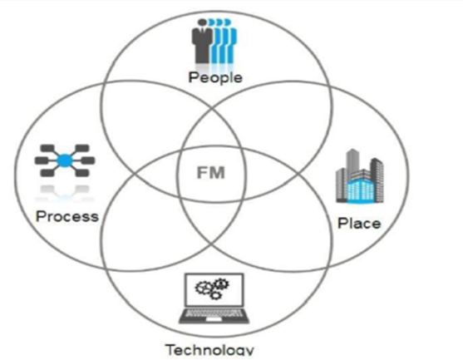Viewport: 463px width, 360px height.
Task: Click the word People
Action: pos(215,77)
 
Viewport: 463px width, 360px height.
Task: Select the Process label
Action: pos(67,216)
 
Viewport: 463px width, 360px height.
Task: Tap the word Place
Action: pos(359,224)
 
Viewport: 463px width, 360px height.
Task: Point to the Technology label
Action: pos(210,350)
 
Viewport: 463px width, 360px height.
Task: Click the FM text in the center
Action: pos(211,173)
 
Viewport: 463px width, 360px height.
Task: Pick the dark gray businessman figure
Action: pos(202,41)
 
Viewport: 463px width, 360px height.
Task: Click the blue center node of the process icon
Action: pos(65,160)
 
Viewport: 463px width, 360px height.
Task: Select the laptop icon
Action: pos(214,298)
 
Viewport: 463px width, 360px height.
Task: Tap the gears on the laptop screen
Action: pos(212,288)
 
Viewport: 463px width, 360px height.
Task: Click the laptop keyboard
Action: pos(214,314)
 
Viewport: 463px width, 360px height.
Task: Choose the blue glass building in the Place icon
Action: pos(361,189)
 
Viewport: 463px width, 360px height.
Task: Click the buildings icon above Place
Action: pos(360,176)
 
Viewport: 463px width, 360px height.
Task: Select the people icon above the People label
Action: pos(214,41)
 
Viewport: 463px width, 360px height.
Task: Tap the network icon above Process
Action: pos(65,160)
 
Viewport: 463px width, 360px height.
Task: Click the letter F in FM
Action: pos(201,173)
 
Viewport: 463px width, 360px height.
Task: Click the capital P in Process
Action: pos(41,216)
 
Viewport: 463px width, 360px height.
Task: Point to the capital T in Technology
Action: pos(171,350)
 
